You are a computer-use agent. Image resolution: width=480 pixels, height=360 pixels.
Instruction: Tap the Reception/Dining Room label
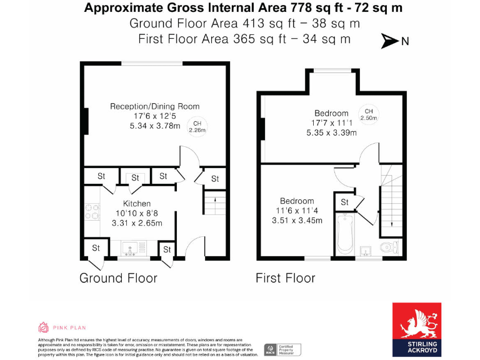155,106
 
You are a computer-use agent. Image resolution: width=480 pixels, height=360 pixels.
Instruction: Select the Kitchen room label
136,204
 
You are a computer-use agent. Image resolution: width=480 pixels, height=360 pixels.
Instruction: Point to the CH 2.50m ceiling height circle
369,114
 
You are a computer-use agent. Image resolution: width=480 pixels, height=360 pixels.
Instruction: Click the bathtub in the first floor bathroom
344,234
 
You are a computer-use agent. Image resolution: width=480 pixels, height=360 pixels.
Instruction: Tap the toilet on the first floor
388,247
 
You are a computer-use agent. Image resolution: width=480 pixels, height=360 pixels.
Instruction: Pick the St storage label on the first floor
344,202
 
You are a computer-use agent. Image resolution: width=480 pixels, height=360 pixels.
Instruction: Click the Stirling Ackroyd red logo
416,329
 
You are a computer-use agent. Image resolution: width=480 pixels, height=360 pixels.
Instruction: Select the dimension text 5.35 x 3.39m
331,132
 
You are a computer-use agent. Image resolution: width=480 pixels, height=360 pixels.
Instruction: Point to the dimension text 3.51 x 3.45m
297,221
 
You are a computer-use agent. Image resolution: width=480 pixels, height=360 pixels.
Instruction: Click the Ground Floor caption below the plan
118,277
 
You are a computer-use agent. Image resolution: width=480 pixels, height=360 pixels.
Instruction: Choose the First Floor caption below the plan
286,277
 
